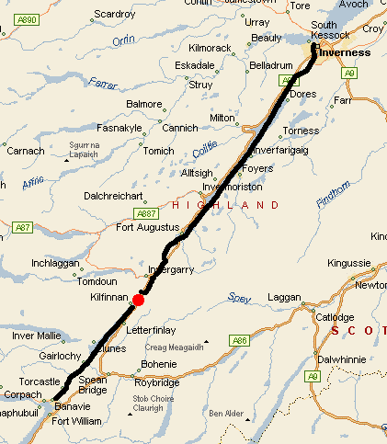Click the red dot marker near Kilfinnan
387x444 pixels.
click(138, 300)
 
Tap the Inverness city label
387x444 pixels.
click(344, 53)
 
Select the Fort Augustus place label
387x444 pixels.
click(143, 228)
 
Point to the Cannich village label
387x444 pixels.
click(179, 128)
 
